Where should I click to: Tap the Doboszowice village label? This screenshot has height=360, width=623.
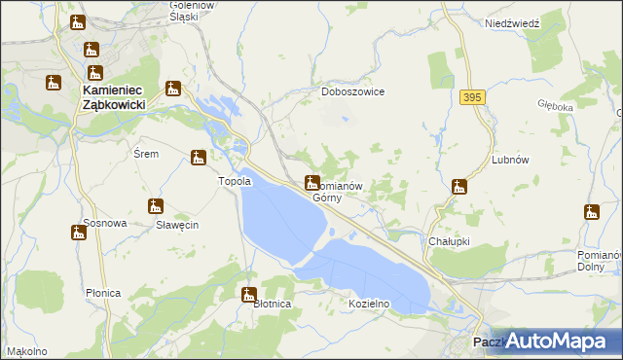[x=353, y=91]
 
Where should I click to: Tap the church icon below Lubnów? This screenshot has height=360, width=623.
[x=459, y=186]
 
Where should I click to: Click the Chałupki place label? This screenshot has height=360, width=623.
[x=449, y=239]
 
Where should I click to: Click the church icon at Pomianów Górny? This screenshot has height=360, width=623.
[x=311, y=181]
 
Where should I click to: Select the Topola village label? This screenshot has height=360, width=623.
[x=235, y=181]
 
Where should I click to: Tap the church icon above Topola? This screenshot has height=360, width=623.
[x=199, y=157]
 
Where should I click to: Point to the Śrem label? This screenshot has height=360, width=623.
[x=145, y=154]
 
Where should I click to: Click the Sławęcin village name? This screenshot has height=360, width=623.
[x=177, y=225]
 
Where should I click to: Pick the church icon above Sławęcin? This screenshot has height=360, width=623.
[x=155, y=206]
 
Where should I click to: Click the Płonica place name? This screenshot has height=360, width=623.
[x=102, y=293]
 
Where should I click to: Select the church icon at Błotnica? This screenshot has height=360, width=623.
[x=250, y=294]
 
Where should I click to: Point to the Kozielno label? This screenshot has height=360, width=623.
[x=369, y=304]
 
